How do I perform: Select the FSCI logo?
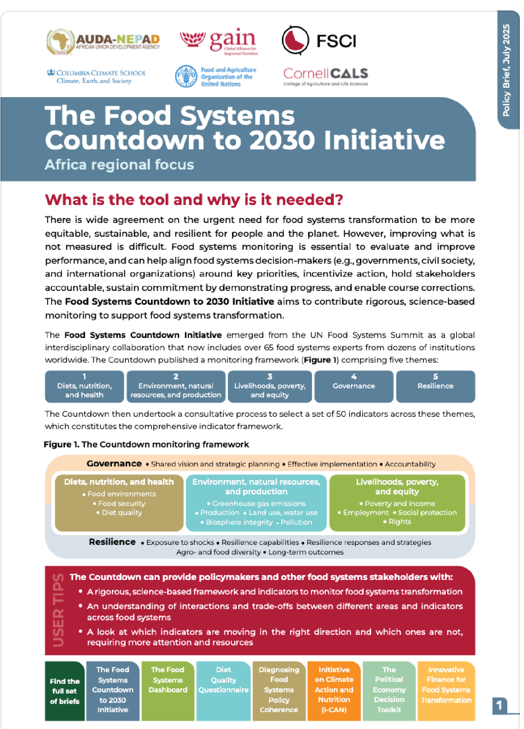(319, 40)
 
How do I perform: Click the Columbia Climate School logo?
(97, 77)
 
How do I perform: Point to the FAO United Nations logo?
(216, 77)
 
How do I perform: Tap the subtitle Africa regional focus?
(119, 165)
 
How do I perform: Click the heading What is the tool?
(194, 200)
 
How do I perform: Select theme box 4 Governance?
(354, 386)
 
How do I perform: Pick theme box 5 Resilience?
(435, 386)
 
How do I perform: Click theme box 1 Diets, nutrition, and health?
(84, 386)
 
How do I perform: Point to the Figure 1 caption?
(146, 444)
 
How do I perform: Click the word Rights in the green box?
(399, 521)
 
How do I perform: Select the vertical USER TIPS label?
(58, 610)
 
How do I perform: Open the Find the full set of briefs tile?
(65, 691)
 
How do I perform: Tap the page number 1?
(499, 705)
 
